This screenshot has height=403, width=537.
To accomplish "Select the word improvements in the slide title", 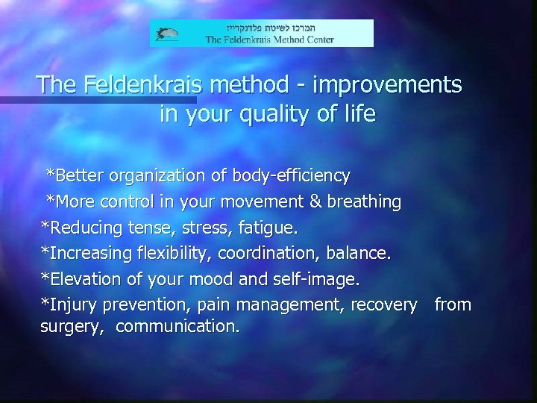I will (389, 85).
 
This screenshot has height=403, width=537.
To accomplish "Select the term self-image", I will (318, 279).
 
